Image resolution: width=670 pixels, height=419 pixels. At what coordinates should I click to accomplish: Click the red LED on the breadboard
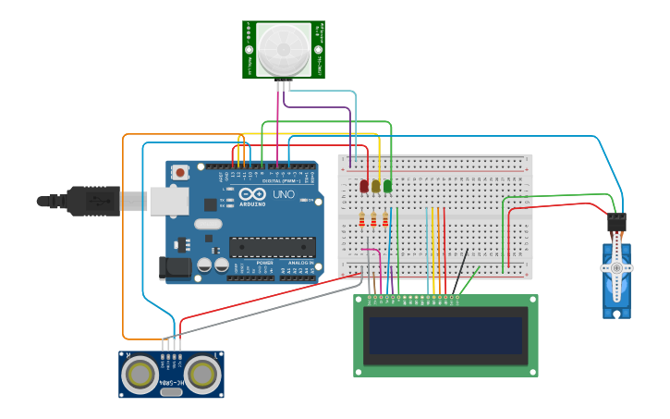364,186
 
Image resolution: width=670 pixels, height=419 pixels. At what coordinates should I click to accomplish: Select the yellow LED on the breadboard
376,186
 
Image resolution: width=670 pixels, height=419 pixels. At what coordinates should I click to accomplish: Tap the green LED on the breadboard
387,186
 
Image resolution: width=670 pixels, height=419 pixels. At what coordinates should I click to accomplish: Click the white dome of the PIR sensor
284,50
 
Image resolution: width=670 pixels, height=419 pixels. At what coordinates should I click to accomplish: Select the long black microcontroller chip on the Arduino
273,247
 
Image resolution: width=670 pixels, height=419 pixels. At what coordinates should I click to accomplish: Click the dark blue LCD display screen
445,336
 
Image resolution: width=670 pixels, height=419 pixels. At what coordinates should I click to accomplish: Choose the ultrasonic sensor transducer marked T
203,375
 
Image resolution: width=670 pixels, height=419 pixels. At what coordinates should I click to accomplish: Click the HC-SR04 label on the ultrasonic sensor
171,381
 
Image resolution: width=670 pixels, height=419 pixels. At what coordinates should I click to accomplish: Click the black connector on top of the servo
616,223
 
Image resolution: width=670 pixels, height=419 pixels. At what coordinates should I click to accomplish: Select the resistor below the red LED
361,219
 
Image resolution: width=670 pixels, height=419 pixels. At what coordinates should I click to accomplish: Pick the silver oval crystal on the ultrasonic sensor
171,392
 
